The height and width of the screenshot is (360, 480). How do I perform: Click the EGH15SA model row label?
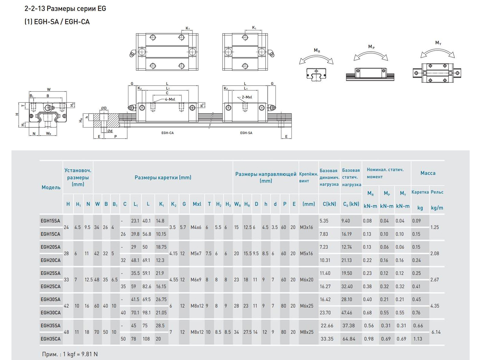click(x=50, y=221)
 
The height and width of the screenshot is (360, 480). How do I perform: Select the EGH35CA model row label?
click(x=50, y=339)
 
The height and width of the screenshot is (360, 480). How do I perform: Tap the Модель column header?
click(x=51, y=187)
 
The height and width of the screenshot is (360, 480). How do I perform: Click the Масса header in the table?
click(x=428, y=173)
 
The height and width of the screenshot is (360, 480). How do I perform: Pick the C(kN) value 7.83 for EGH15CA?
click(x=324, y=234)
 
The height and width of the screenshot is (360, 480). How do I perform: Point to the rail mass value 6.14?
click(x=436, y=332)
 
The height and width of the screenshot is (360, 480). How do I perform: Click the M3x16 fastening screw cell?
click(x=306, y=227)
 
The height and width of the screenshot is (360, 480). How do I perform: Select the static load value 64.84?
click(x=349, y=339)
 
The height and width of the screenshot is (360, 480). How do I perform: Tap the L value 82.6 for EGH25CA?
click(x=147, y=286)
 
